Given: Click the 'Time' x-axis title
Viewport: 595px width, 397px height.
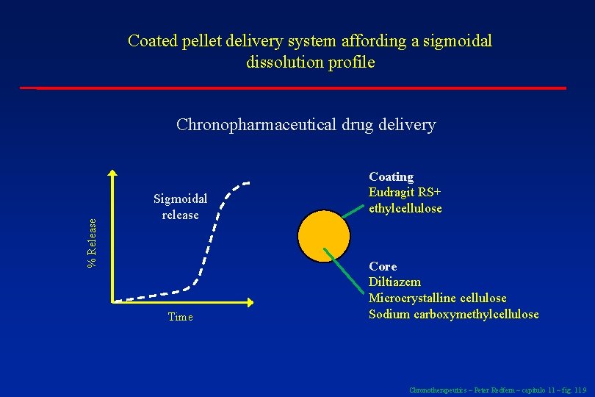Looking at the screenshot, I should tap(180, 318).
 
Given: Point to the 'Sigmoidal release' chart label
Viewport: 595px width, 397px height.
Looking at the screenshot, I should tap(180, 207).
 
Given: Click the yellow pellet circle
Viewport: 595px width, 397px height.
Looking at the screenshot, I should tap(323, 235).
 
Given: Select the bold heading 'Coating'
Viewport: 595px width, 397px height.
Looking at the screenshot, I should tap(391, 177).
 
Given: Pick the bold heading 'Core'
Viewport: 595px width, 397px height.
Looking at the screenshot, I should tap(382, 266).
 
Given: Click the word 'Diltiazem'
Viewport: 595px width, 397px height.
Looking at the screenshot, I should tap(394, 282).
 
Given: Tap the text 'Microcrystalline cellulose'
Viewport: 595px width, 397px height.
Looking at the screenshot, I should tap(437, 298).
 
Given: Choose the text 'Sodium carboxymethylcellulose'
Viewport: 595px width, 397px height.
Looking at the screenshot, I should tap(453, 315).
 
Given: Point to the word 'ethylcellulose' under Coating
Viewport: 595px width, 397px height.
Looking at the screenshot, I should tap(405, 209).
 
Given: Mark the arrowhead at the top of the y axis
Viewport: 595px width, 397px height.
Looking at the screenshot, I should tap(112, 174).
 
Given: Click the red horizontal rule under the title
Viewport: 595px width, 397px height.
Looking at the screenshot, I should tap(301, 88).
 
